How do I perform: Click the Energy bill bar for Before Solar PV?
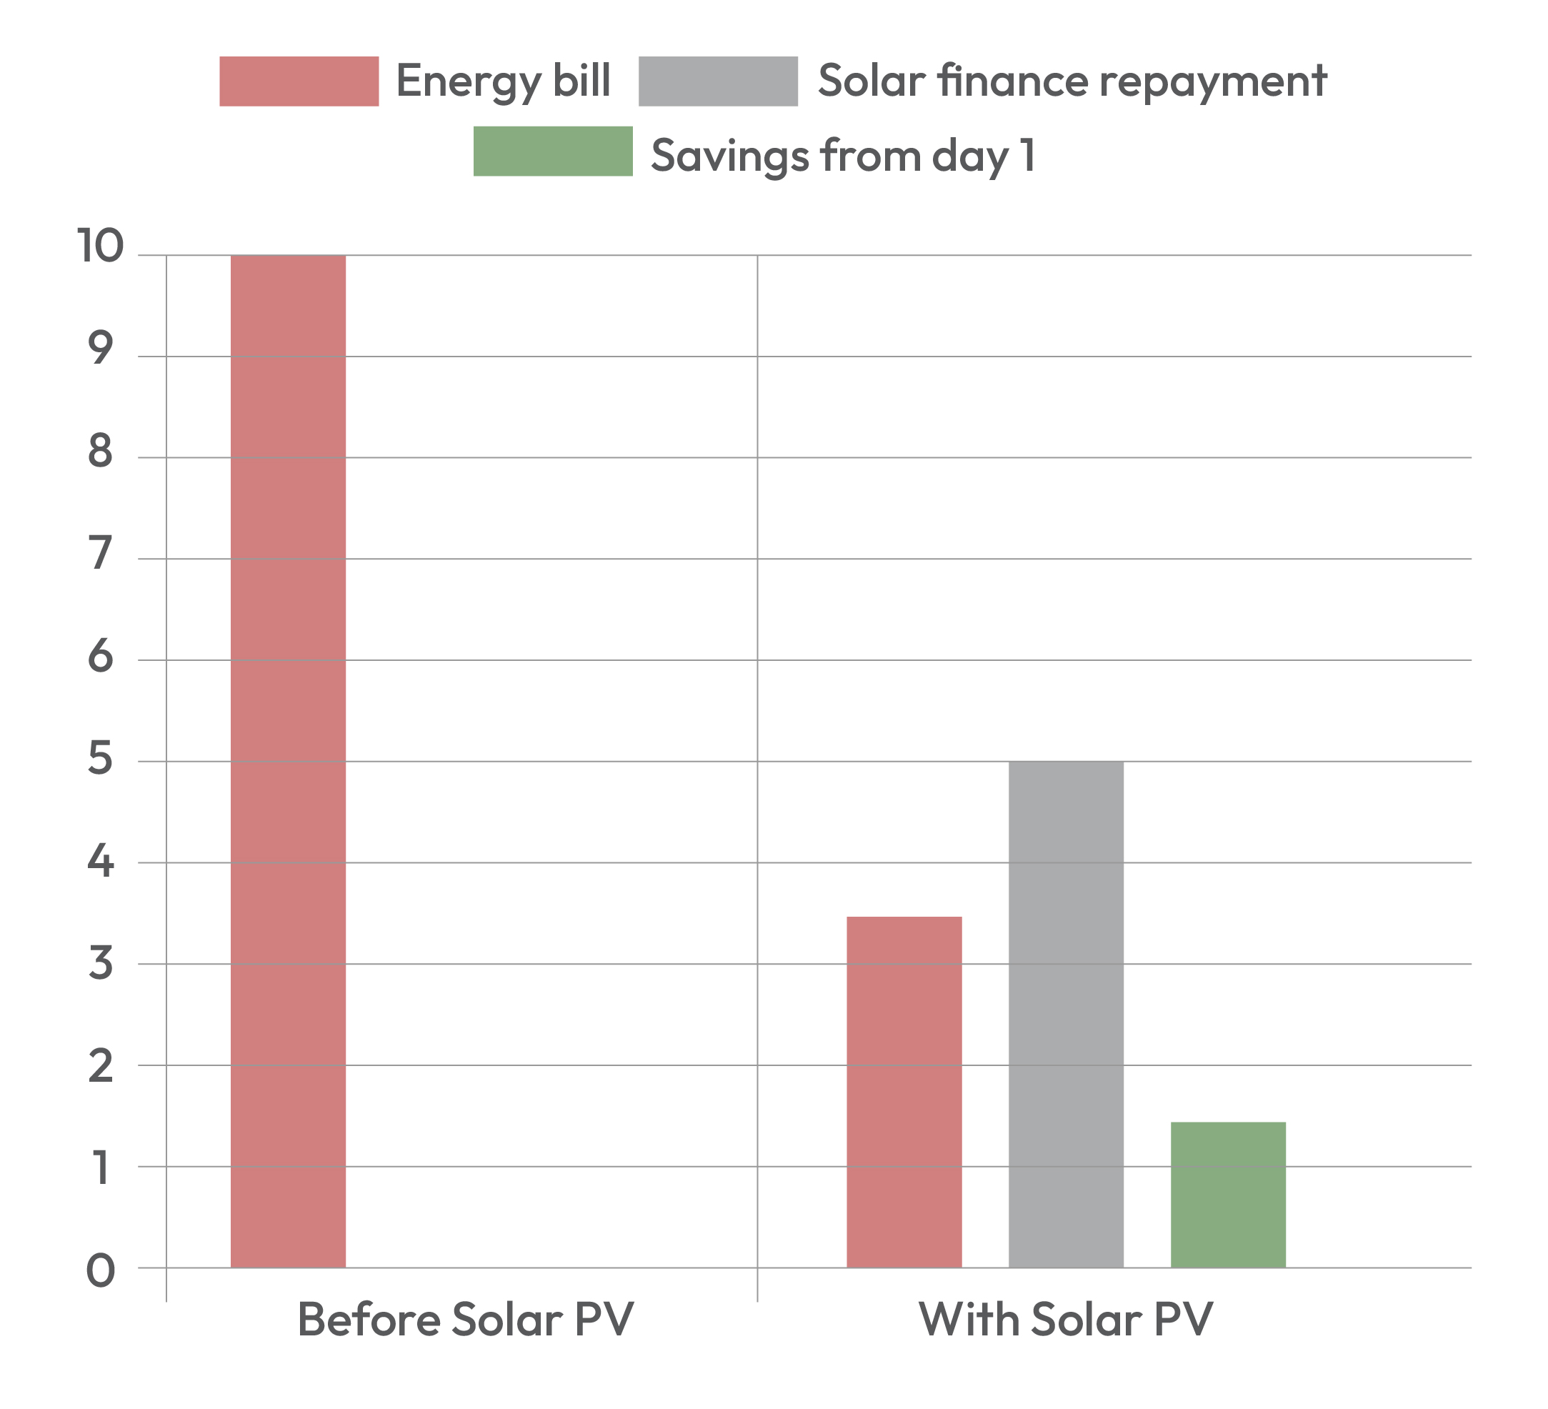pos(288,760)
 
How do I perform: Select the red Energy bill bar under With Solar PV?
pos(904,1091)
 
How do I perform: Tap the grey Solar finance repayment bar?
pos(1066,1014)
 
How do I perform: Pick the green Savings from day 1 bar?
pos(1228,1194)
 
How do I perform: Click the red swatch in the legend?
pos(299,81)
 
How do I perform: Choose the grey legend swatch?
pos(718,81)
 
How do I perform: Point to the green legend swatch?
pos(553,151)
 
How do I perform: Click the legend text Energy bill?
pos(503,81)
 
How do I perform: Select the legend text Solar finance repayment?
pos(1072,81)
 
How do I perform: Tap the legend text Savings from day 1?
pos(843,155)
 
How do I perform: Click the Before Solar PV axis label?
pos(465,1319)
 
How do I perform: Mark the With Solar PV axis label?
pos(1065,1319)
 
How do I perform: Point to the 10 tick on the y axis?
pos(100,247)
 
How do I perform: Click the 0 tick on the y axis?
pos(101,1271)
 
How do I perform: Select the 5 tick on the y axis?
pos(101,759)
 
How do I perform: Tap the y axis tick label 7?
pos(101,554)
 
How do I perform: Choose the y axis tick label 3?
pos(101,963)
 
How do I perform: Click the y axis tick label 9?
pos(101,349)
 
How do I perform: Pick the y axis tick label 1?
pos(101,1168)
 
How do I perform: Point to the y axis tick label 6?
pos(101,657)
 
